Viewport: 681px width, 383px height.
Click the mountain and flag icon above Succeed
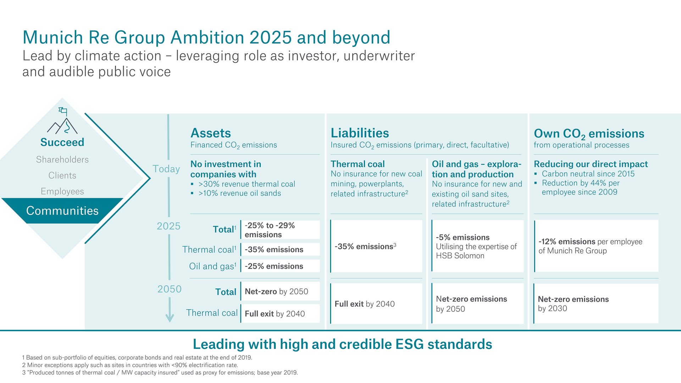click(x=62, y=121)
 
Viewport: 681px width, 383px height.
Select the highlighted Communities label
click(x=62, y=211)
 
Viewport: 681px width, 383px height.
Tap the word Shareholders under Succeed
click(x=62, y=160)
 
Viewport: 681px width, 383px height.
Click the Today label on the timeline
click(x=166, y=169)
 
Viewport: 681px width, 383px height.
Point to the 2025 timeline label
click(x=168, y=226)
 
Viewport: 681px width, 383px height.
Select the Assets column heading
click(x=211, y=133)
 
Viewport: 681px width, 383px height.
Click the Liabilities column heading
click(x=360, y=133)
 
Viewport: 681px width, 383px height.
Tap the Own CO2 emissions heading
click(x=589, y=134)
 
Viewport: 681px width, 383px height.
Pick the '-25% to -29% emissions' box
click(x=280, y=230)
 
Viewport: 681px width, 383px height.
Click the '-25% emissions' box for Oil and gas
click(x=280, y=266)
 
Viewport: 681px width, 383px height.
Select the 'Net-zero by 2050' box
click(x=280, y=292)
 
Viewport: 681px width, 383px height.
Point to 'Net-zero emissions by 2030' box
click(x=596, y=304)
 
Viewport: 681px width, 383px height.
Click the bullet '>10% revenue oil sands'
click(x=239, y=193)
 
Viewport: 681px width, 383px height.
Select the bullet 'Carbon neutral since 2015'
click(x=588, y=174)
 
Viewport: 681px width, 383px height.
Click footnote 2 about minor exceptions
click(x=130, y=365)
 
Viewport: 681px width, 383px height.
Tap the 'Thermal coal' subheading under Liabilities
click(x=358, y=164)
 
